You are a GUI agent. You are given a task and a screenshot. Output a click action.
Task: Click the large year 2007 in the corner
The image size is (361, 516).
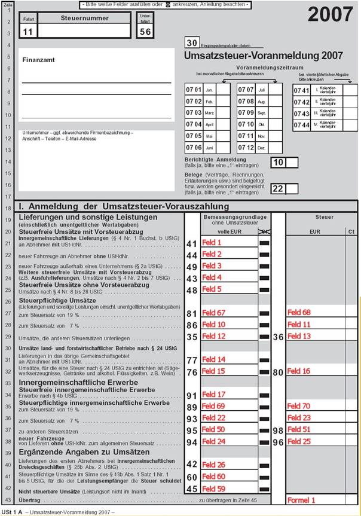coord(331,15)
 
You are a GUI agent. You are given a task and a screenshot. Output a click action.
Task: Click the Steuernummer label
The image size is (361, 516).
coord(78,19)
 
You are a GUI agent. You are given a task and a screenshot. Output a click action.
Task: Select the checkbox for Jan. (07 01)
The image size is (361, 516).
coord(222,90)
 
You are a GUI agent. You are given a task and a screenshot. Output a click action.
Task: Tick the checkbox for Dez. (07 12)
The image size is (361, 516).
coord(275,147)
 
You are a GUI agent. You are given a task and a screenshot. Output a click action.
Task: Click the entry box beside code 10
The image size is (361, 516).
coord(292,162)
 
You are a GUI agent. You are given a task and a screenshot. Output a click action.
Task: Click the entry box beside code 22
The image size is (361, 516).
coord(292,189)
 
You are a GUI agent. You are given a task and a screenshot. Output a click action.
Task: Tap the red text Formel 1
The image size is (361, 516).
coord(301,499)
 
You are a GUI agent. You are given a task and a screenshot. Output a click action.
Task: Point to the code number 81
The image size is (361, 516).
coord(191,313)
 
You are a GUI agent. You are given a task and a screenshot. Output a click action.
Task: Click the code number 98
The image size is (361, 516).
coord(277,430)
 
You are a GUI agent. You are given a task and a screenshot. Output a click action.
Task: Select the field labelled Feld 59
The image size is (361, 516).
coord(213,488)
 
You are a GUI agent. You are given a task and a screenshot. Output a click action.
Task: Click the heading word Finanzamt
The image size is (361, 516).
coord(38,60)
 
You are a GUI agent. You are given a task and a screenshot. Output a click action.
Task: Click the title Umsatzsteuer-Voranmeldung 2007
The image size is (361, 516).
coord(263,56)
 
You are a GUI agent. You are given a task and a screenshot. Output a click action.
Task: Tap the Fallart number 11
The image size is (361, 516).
coord(29,32)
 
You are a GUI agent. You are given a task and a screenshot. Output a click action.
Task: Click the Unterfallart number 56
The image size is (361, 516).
coord(145,32)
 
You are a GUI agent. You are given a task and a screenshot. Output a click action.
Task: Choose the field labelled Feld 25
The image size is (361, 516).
coord(299,441)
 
